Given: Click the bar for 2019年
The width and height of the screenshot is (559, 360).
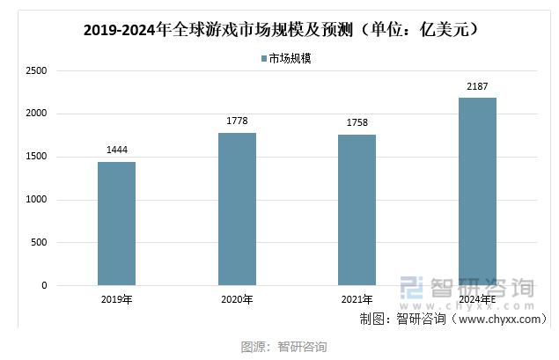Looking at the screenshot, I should click(116, 224).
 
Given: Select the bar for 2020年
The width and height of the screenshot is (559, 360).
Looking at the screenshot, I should click(237, 209).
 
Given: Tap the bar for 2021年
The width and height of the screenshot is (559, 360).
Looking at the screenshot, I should click(357, 210).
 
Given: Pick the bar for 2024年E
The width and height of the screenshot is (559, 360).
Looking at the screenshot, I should click(477, 192).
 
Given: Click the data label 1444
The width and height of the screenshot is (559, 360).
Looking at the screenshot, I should click(116, 150).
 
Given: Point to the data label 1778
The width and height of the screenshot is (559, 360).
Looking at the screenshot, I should click(237, 121).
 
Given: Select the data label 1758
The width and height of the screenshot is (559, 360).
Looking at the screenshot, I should click(357, 122).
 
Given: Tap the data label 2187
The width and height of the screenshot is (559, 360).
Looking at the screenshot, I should click(477, 85).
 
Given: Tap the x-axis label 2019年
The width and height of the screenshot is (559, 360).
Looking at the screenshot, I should click(116, 300).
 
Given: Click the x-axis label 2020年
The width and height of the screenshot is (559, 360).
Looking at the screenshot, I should click(237, 300).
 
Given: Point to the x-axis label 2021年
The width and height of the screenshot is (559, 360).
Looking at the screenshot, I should click(357, 300).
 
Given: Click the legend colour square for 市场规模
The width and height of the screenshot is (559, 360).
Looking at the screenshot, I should click(263, 59).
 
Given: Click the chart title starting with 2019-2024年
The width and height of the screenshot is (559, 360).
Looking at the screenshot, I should click(280, 31).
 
